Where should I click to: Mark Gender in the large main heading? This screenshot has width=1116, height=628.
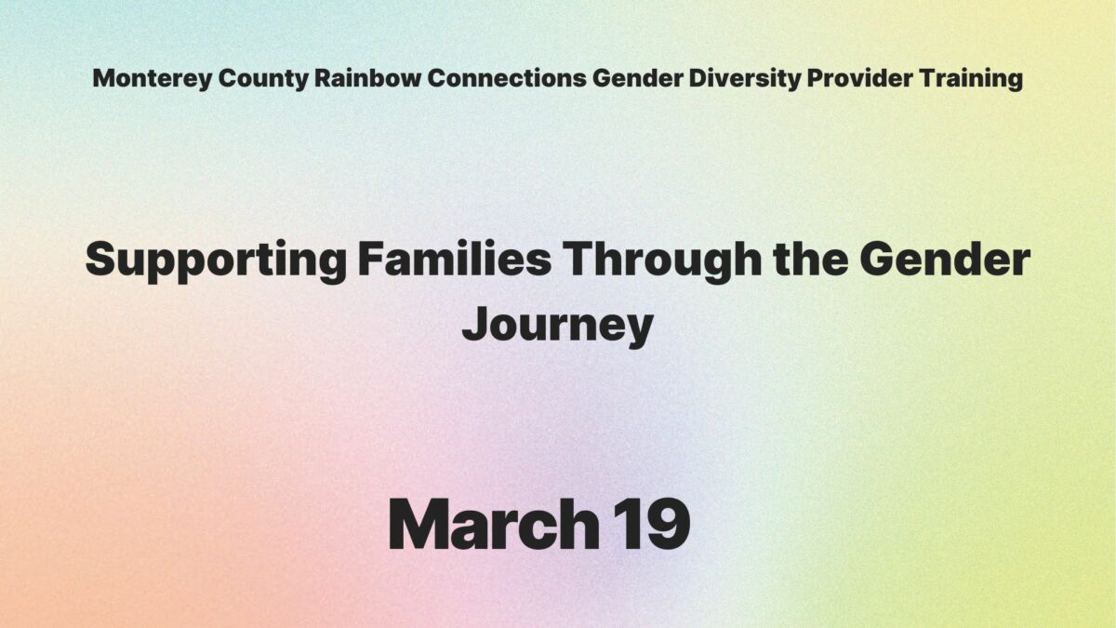point(945,261)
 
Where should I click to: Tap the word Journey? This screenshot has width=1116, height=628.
point(558,326)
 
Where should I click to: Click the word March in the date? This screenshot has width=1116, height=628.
point(493,524)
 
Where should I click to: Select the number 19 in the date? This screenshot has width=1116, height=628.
point(650,524)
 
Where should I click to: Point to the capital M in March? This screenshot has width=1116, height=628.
point(418,524)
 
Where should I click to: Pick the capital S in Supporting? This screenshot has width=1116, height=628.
point(100,261)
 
